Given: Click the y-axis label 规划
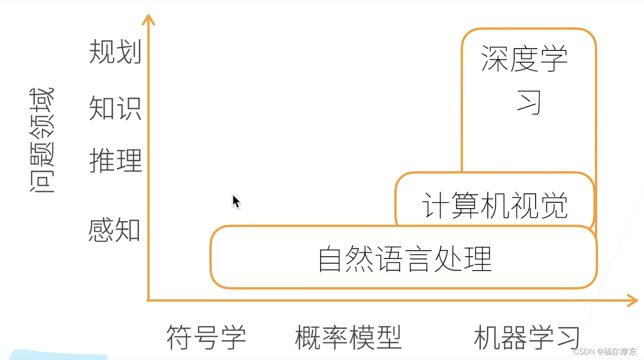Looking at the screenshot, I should (115, 51).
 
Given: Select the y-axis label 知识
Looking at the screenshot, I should (115, 108).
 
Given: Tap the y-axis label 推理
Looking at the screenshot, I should (115, 160).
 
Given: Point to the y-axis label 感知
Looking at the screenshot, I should (114, 230).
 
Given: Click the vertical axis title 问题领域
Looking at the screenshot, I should (42, 140).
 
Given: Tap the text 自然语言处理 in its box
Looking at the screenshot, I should (404, 259).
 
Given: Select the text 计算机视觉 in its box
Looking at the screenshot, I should (495, 205).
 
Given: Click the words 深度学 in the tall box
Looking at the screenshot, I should (524, 59).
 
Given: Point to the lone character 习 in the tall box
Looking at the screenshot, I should (530, 102).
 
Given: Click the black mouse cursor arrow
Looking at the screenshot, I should (236, 201).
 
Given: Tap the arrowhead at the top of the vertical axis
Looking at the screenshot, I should (148, 19).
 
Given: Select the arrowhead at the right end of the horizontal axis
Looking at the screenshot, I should (632, 300).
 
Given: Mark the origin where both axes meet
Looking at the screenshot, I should (148, 300).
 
